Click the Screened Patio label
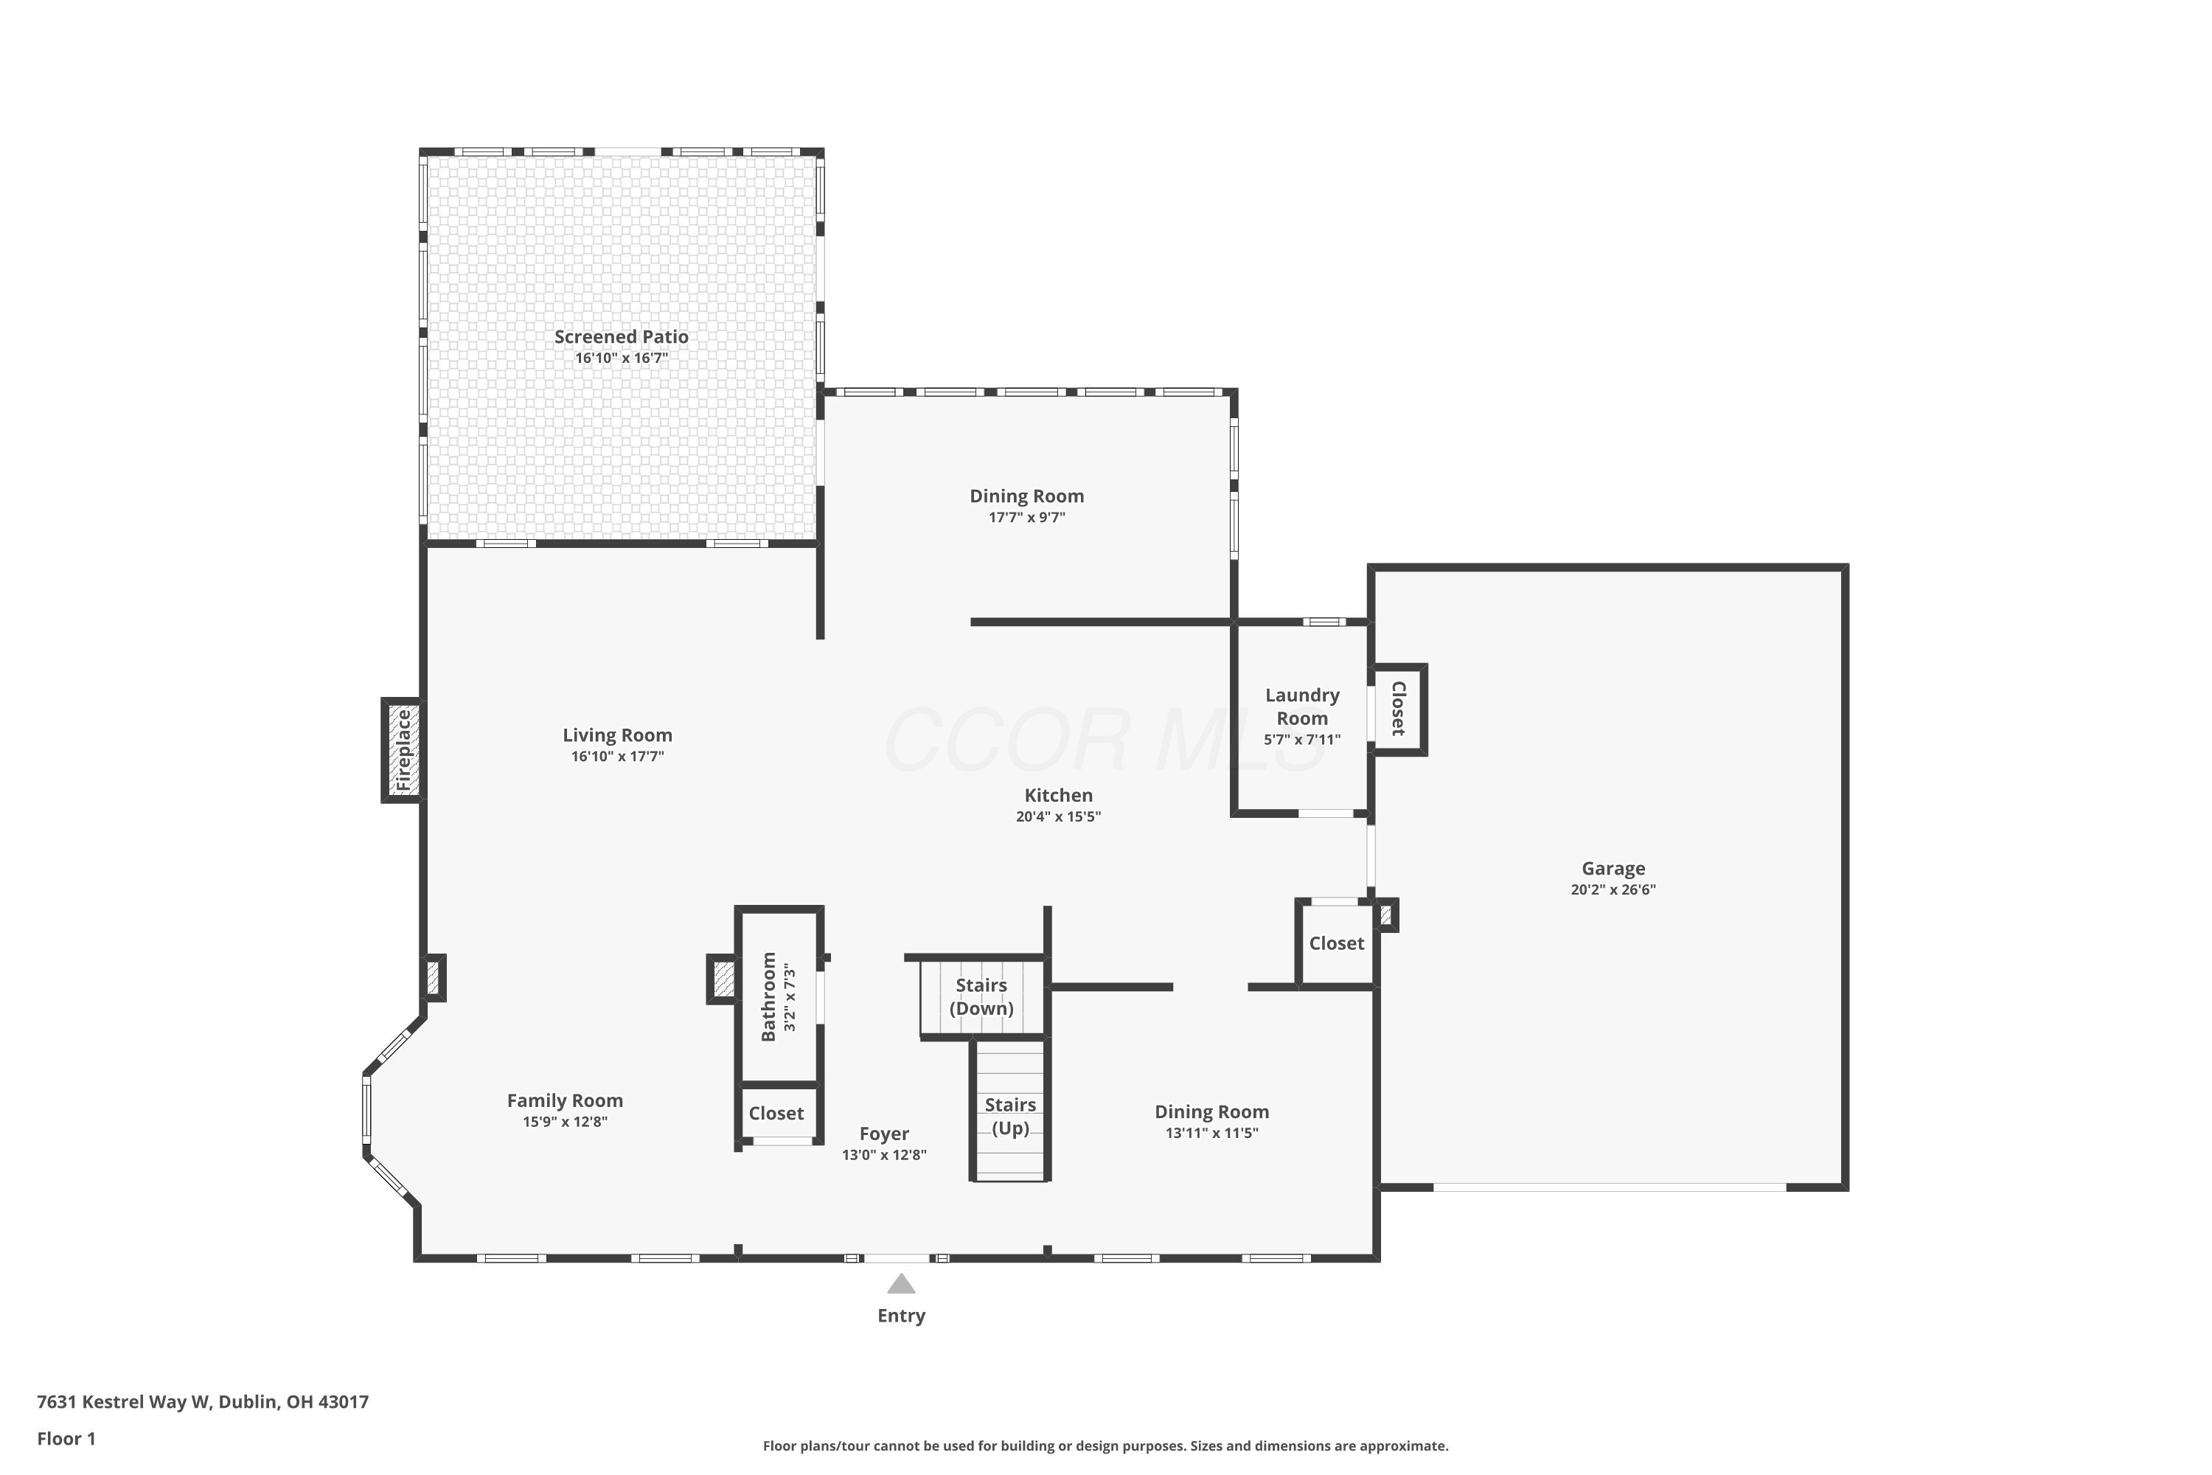[x=621, y=337]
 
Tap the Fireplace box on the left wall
[x=403, y=750]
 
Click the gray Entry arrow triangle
[x=901, y=1283]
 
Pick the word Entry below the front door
[x=901, y=1316]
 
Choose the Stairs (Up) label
[x=1010, y=1117]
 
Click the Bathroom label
[x=768, y=997]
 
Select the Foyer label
[x=884, y=1134]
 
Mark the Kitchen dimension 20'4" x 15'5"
[x=1058, y=816]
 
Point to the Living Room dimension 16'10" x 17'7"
[x=617, y=757]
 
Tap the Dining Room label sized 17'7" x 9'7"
[x=1026, y=496]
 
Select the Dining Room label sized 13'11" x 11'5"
[x=1211, y=1112]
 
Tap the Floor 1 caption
[x=66, y=1438]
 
